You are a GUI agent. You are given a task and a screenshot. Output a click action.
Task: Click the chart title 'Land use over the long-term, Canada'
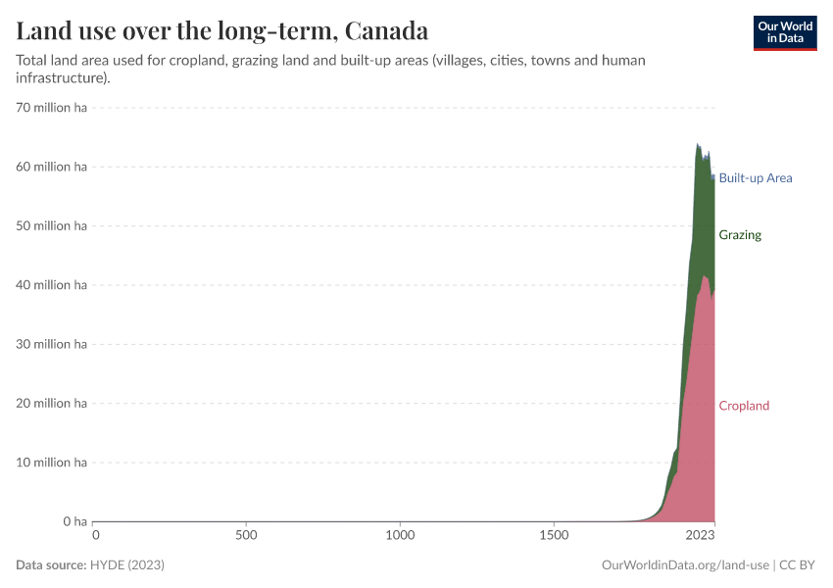(221, 29)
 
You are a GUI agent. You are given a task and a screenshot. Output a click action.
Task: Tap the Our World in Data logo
(784, 32)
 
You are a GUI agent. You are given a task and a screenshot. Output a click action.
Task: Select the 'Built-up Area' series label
(755, 178)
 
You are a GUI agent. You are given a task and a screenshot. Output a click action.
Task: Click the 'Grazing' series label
(739, 235)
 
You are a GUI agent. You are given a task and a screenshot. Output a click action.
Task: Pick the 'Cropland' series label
(744, 406)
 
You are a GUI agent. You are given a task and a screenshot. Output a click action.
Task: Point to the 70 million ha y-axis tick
(52, 108)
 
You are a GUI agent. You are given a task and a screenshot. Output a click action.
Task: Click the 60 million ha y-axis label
(52, 167)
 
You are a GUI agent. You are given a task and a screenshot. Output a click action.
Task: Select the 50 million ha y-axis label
(52, 226)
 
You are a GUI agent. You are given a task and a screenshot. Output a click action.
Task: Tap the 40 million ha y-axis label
(52, 285)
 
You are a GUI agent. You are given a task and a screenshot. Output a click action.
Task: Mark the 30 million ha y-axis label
(52, 344)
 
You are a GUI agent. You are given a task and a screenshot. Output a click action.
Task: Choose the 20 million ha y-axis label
(52, 404)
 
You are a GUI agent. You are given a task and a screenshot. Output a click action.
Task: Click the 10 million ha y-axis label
(52, 463)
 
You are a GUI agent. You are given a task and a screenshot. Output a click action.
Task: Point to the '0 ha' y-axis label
(74, 521)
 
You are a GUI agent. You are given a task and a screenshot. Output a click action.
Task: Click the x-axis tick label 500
(247, 536)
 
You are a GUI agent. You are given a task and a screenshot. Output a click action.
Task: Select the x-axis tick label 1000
(400, 536)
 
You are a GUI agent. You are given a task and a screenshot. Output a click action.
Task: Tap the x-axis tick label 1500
(554, 536)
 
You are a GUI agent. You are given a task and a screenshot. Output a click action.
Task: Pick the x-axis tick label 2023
(700, 536)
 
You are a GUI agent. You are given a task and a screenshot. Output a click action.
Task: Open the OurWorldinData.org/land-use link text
(684, 565)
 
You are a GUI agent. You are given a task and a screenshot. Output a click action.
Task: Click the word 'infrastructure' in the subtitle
(60, 78)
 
